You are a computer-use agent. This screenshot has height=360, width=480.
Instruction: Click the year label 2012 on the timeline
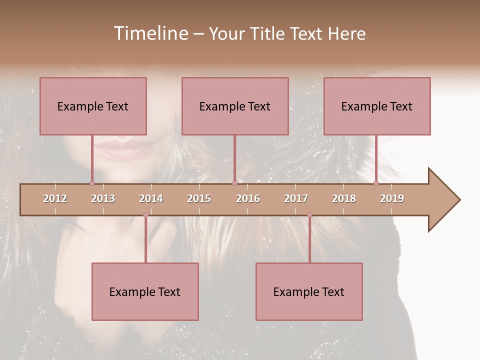55,198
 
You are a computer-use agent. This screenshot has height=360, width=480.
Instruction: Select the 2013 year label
103,198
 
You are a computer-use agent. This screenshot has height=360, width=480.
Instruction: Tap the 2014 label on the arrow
151,198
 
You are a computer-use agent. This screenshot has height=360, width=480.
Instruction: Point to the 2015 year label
199,198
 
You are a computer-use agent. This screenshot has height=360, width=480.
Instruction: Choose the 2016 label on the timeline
248,198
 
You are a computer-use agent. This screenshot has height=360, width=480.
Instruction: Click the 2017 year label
296,198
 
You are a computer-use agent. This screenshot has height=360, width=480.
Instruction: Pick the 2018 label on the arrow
344,198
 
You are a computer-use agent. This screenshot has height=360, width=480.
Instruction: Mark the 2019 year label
392,198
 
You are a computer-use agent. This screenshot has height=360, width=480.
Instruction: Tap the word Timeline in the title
150,33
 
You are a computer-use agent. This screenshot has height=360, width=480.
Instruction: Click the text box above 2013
93,106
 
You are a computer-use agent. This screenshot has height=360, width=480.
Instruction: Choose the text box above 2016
235,106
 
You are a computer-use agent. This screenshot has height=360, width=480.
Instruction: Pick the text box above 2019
377,106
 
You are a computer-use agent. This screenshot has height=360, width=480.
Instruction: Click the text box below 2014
145,291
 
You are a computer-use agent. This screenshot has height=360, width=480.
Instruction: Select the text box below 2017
309,291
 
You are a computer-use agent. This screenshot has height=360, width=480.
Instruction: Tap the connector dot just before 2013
92,183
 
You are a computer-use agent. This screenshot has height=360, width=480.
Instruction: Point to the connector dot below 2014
145,214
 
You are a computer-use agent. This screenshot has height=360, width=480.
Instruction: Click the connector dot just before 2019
376,183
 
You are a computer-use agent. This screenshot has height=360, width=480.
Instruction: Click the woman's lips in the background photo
118,147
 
